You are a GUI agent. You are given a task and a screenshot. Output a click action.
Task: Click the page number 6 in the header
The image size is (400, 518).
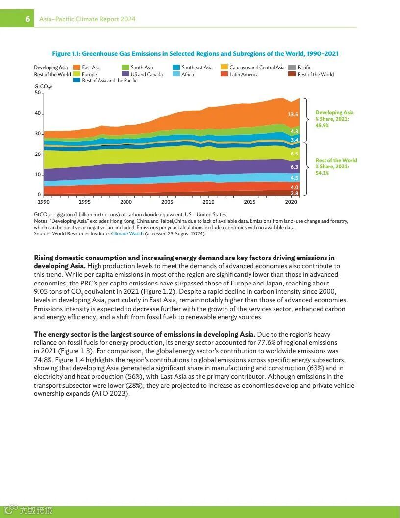(x=28, y=19)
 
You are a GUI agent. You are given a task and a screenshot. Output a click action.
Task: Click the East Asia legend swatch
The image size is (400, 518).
(x=77, y=67)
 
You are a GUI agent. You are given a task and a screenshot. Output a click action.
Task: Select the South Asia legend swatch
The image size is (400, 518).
(x=125, y=67)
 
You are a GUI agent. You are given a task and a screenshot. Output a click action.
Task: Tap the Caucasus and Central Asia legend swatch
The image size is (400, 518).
(x=224, y=67)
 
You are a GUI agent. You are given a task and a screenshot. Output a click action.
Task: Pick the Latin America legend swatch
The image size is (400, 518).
(x=224, y=74)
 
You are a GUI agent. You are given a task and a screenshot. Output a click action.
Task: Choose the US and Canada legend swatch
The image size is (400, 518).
(x=125, y=74)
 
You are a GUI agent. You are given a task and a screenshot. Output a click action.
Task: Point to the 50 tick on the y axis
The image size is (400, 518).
(x=37, y=93)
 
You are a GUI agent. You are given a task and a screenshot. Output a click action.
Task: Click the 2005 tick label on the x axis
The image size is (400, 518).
(x=167, y=202)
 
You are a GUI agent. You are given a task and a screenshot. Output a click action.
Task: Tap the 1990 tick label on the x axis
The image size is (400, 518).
(x=44, y=202)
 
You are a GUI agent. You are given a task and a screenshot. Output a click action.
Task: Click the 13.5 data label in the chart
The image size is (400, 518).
(x=293, y=114)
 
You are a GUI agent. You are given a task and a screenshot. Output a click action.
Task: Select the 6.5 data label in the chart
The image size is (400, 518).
(x=294, y=154)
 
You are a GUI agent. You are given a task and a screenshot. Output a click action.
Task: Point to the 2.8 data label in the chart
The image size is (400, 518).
(x=294, y=193)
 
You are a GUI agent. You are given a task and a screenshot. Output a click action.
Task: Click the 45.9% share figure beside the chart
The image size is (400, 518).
(x=322, y=126)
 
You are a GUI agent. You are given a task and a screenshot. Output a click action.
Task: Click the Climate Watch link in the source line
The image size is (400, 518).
(x=127, y=233)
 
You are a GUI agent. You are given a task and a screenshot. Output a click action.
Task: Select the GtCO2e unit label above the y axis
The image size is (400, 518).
(x=43, y=87)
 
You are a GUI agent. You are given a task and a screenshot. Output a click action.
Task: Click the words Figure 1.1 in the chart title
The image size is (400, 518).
(x=66, y=53)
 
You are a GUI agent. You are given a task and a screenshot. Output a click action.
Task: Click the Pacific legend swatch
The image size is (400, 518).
(x=292, y=67)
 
